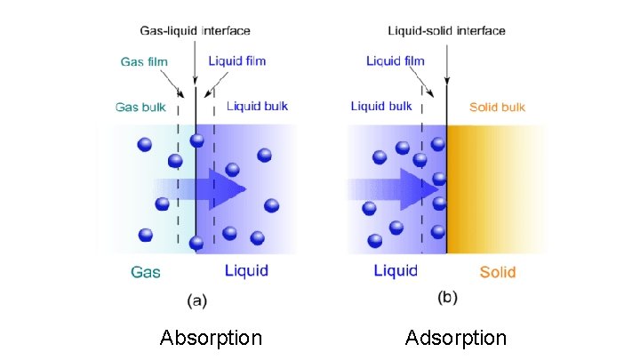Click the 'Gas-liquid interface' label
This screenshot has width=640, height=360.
[x=196, y=31]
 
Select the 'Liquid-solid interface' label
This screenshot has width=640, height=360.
[x=446, y=31]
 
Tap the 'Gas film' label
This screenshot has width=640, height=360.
[x=145, y=61]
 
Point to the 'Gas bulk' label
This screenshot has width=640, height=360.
[x=140, y=108]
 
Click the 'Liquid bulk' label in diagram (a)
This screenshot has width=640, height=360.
[x=258, y=106]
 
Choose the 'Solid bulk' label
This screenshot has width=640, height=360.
[x=497, y=108]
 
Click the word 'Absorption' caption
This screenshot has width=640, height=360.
[x=211, y=338]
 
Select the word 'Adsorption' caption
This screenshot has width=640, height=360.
[x=456, y=338]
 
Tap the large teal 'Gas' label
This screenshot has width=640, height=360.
[x=146, y=271]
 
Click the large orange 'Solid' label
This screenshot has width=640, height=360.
[x=498, y=271]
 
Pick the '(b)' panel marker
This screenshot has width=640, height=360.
[x=447, y=299]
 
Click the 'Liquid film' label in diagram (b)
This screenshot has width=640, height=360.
[x=396, y=61]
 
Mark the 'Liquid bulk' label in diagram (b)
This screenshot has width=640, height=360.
[x=381, y=106]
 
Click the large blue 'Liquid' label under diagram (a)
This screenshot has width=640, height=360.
[x=246, y=269]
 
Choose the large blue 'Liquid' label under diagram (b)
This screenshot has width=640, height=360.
[x=396, y=269]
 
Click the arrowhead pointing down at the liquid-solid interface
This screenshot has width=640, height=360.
[x=446, y=76]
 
